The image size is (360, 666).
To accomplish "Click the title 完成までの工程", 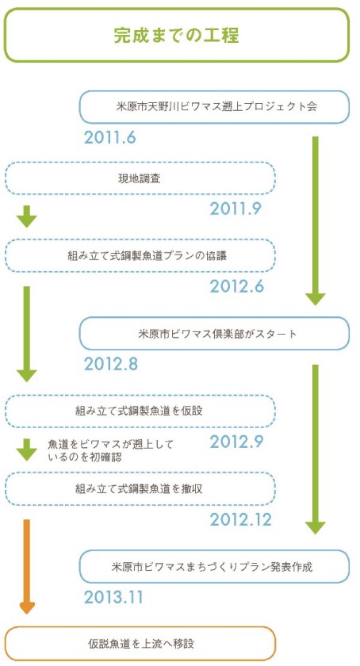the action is coord(176,36).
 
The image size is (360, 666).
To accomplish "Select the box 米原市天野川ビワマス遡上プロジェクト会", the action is coord(214,106).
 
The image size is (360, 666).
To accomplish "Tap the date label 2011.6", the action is coord(109,137).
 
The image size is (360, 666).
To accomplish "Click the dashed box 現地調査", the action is coord(140,178).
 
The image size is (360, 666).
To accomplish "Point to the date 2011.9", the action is coord(235,209).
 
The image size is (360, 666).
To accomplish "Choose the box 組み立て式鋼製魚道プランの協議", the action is coord(140,255).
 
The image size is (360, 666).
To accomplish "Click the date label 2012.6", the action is coord(237,286).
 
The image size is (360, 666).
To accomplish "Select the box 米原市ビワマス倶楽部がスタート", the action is coord(214,334).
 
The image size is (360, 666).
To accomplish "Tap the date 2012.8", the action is coord(110,364).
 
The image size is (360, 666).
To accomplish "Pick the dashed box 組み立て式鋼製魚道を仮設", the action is coord(140,411).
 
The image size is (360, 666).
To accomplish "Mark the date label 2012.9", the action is coord(236,442).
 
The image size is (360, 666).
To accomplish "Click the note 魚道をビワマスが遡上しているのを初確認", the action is coord(111,450).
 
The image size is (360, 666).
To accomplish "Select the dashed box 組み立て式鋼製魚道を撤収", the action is coord(140,489).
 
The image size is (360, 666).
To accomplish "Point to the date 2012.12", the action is coord(240,519).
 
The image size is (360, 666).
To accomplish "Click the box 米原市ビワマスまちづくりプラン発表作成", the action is coord(214,567).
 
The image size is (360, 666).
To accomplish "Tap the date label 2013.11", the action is coord(113,597).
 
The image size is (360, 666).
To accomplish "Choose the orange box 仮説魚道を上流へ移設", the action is coord(140,644).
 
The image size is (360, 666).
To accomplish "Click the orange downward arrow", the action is coord(27,567).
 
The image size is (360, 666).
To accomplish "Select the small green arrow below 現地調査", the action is coord(27,216).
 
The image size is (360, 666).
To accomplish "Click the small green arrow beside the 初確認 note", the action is coord(27,450).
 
